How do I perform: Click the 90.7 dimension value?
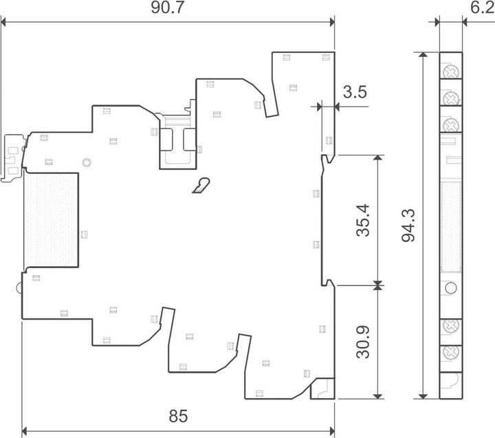[167, 8]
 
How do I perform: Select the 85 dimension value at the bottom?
[178, 416]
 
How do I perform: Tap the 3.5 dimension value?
[355, 92]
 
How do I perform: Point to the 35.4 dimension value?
[363, 220]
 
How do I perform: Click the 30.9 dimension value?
[363, 342]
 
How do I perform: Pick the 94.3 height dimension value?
[408, 226]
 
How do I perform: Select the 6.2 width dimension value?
[483, 8]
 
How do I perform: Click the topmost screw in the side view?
[450, 72]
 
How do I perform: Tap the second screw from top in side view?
[450, 98]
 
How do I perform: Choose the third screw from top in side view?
[450, 125]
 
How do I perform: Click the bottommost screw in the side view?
[450, 352]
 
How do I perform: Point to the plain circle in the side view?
[450, 287]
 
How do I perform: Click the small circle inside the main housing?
[87, 163]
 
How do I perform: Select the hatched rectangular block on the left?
[51, 220]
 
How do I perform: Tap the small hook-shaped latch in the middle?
[202, 186]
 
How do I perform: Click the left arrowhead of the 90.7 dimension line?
[3, 22]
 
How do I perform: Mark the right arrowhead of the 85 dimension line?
[332, 430]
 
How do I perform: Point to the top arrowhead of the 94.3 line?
[423, 54]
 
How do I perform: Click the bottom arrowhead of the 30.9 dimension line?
[378, 396]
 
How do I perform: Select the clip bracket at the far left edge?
[12, 159]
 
